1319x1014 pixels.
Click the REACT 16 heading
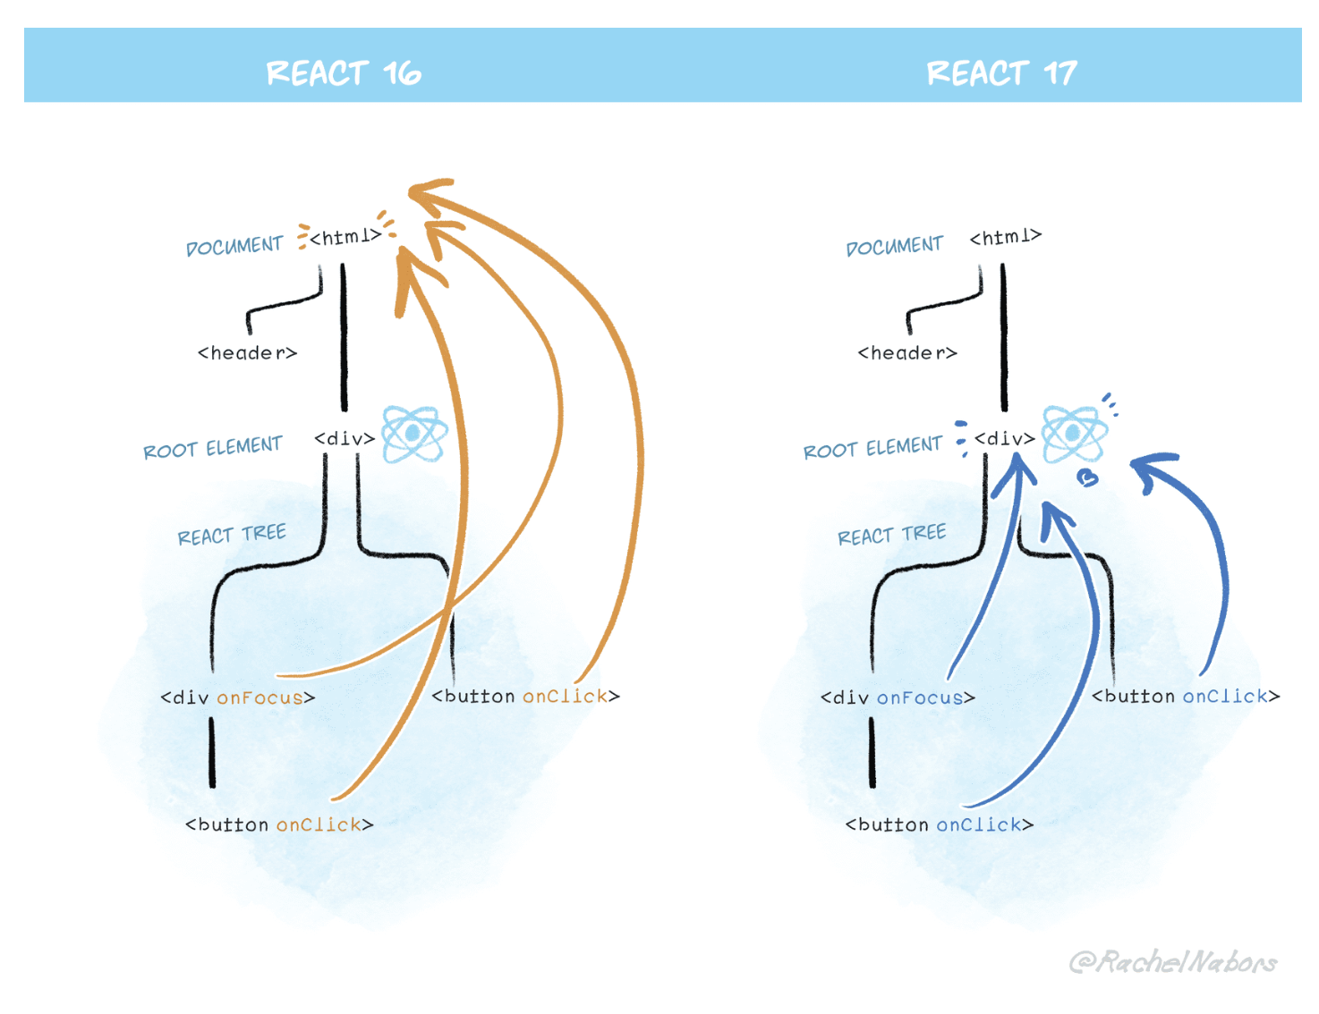(344, 73)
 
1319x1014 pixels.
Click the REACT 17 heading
(1001, 73)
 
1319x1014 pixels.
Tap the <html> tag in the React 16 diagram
(345, 237)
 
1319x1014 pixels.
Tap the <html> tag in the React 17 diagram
(1006, 237)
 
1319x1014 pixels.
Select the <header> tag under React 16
(247, 353)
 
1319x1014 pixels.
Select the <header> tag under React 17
(907, 353)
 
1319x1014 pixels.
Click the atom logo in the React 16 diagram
(414, 434)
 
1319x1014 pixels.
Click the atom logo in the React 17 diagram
(1075, 434)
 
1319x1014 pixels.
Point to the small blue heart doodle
(1087, 478)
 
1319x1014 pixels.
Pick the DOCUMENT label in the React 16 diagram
(234, 246)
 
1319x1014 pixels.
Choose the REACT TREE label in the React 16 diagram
(232, 535)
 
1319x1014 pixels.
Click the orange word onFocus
(260, 697)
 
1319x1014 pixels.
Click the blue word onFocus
(920, 697)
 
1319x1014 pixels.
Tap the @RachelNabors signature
(1173, 962)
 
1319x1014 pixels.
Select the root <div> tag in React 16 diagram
(345, 439)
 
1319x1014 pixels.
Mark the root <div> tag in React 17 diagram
(1005, 439)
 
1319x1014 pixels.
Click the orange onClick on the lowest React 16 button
(319, 824)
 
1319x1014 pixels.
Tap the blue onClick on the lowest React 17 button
(979, 824)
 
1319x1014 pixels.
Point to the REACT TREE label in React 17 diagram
(891, 535)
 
